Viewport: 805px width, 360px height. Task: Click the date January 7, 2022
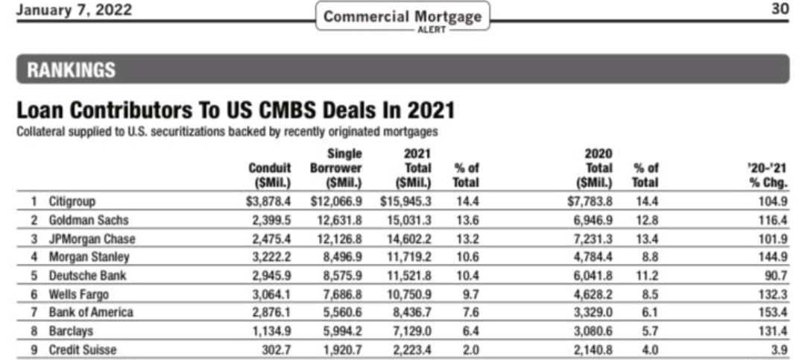click(75, 10)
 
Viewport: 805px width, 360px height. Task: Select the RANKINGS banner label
click(72, 71)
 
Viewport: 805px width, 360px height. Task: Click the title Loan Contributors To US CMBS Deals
click(236, 111)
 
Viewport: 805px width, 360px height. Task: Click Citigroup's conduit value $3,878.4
click(268, 201)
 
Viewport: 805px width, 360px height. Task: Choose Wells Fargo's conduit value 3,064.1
click(271, 294)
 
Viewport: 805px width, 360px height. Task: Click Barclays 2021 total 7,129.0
click(410, 330)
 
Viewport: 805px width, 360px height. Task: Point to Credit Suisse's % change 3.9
click(778, 349)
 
